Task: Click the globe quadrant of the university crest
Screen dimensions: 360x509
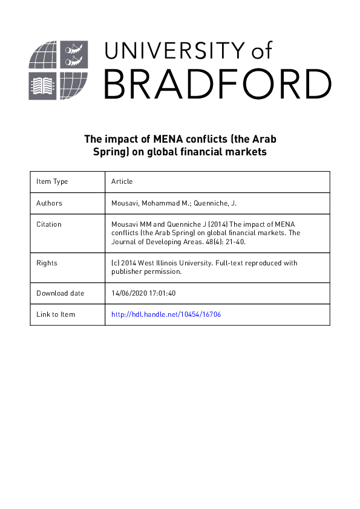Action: (x=44, y=56)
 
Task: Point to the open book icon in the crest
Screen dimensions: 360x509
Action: (x=44, y=86)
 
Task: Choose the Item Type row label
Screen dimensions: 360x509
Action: (x=52, y=181)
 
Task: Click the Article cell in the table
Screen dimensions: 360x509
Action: (x=122, y=181)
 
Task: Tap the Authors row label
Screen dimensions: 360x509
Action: (x=49, y=203)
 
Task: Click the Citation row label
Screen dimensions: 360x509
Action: (x=49, y=224)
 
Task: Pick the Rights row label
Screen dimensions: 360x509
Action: (x=47, y=263)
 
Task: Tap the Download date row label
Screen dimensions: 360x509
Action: (x=61, y=293)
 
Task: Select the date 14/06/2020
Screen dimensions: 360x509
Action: (x=129, y=293)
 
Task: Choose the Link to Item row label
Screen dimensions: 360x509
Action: (x=56, y=314)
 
